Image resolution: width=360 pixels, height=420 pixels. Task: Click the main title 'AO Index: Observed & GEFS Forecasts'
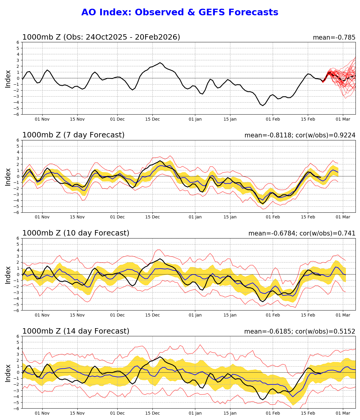180,12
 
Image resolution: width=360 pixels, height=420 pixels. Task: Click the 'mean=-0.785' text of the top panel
334,37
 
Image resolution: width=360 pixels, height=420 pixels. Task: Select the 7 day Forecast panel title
73,135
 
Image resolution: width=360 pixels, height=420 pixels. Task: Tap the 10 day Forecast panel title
76,233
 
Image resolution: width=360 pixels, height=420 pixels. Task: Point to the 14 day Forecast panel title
76,331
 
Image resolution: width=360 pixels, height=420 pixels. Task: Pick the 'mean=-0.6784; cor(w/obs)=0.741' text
302,233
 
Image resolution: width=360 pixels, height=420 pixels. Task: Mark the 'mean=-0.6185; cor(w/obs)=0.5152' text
300,331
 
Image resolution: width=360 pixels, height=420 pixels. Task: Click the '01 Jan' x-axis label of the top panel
195,119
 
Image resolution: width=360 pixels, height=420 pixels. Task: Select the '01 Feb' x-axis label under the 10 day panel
273,315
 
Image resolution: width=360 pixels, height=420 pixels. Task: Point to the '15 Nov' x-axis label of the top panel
77,119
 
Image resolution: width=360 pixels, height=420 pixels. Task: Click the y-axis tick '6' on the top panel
18,42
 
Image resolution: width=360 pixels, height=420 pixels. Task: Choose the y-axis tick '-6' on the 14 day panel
17,408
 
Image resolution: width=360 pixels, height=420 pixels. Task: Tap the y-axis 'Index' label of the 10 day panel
8,274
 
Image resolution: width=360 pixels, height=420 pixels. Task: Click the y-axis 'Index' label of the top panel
8,79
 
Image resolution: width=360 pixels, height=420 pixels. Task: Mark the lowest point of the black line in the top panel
262,106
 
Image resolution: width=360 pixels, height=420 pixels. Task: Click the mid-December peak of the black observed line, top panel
160,63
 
